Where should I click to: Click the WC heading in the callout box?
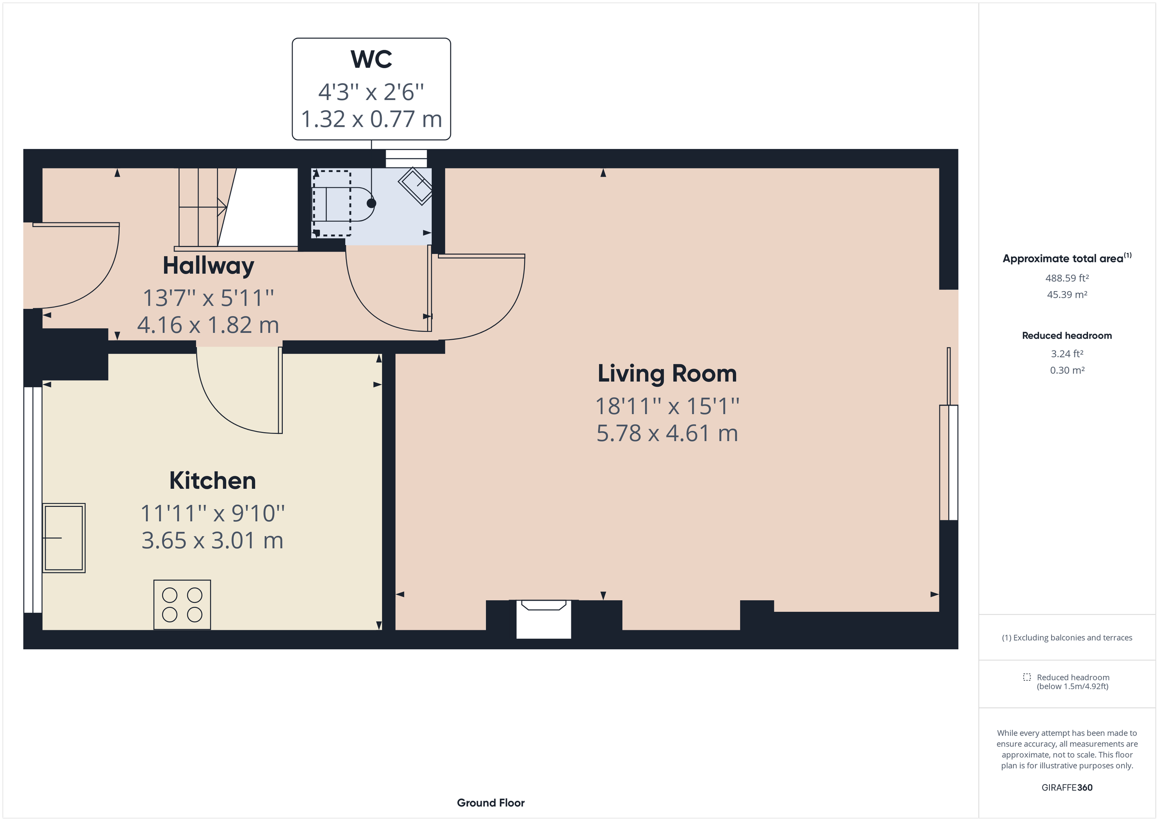point(371,59)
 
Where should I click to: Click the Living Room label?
point(667,374)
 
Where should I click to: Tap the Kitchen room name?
point(212,481)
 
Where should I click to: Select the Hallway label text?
point(208,266)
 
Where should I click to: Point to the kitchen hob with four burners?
point(182,604)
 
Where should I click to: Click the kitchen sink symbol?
point(64,538)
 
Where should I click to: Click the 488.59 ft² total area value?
point(1067,278)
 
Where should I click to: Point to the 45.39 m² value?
point(1067,295)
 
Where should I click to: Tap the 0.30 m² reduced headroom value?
point(1067,370)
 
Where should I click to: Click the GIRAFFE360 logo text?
point(1067,788)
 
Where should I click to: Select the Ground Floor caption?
point(490,803)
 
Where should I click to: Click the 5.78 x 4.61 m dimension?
point(667,434)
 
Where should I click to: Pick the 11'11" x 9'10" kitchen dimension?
point(212,513)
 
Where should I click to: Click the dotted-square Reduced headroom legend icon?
point(1027,677)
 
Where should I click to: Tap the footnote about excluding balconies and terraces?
point(1067,638)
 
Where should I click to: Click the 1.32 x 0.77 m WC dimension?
point(371,119)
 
